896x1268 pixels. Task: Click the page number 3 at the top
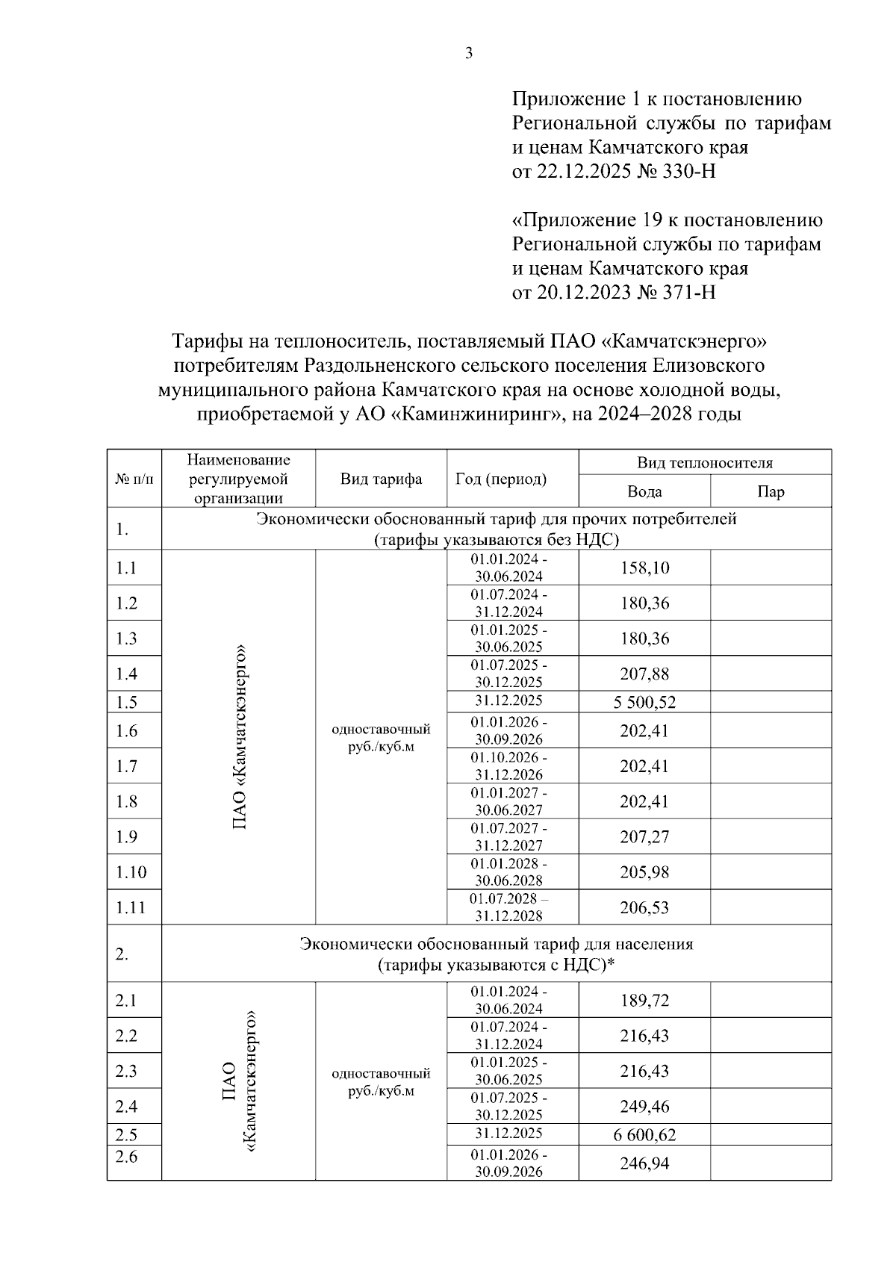coord(468,54)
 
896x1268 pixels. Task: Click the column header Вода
coord(644,491)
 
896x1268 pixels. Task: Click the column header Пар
coord(770,491)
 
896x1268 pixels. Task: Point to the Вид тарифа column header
coord(381,479)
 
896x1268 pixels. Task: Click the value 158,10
coord(644,568)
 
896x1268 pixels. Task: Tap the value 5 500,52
coord(644,702)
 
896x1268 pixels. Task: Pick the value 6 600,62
coord(644,1135)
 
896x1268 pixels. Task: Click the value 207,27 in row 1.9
coord(644,836)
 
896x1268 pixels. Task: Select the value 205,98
coord(644,872)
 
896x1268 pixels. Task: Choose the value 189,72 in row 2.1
coord(644,1000)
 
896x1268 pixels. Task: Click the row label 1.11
coord(131,908)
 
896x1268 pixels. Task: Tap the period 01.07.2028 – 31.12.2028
coord(512,907)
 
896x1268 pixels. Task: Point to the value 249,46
coord(644,1106)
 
